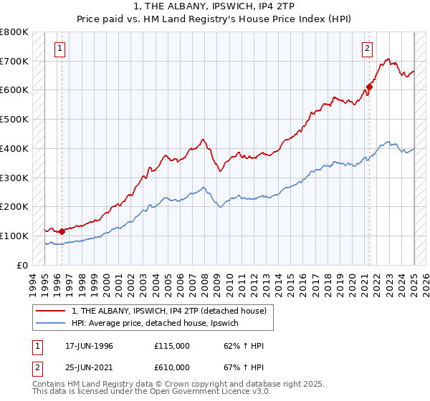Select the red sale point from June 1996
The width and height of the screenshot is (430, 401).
coord(62,231)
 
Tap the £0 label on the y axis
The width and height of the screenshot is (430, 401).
coord(23,265)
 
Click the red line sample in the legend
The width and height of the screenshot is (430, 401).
coord(52,311)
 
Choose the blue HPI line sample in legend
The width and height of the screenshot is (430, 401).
coord(52,324)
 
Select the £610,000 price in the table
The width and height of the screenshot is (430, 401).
coord(172,367)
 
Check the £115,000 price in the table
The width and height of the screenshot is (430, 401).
coord(172,346)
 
